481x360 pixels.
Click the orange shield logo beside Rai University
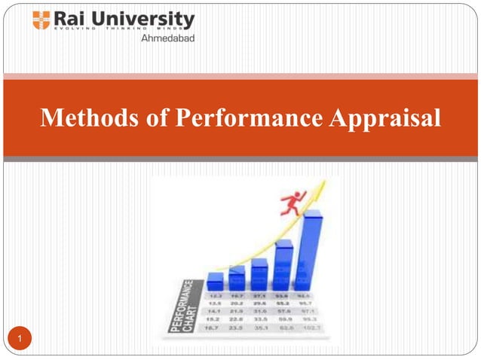point(41,20)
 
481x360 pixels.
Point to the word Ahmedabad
point(167,38)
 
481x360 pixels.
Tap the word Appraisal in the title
point(387,118)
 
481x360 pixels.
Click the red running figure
point(290,202)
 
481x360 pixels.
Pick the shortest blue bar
point(215,280)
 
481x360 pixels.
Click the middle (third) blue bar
point(259,273)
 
